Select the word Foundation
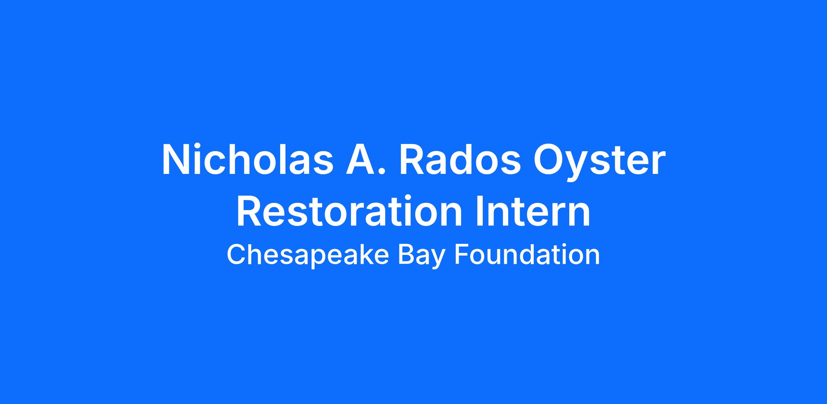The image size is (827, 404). tap(527, 255)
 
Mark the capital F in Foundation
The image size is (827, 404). tap(462, 255)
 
